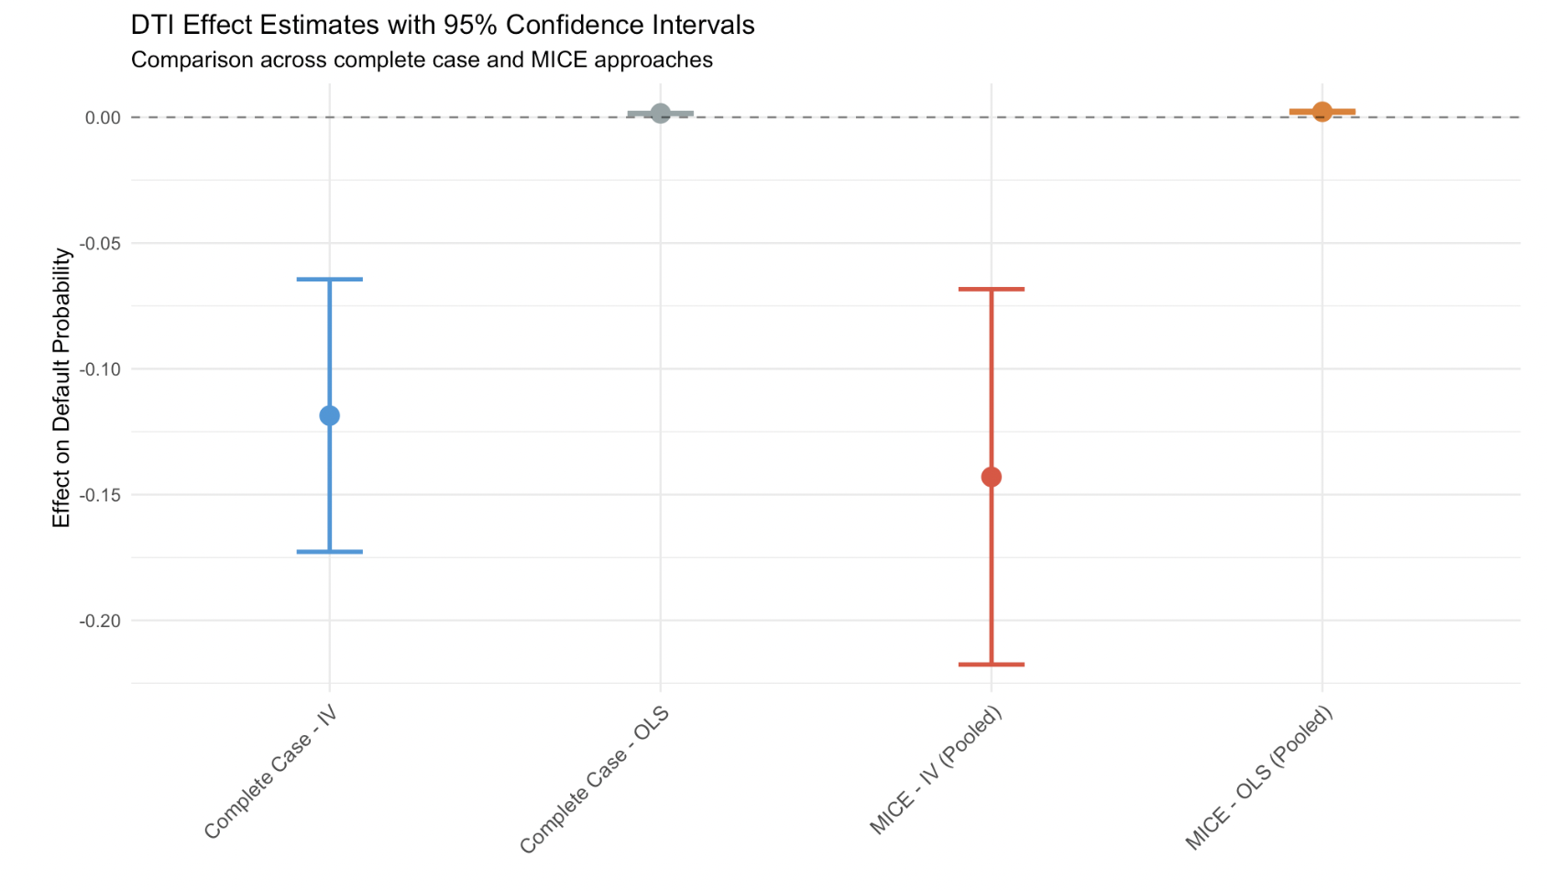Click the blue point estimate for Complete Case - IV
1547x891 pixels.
click(x=329, y=416)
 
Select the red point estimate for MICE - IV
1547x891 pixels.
click(x=991, y=477)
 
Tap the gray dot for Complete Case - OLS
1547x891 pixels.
click(x=660, y=114)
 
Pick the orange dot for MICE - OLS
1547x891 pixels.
click(x=1322, y=112)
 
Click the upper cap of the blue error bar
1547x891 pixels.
click(x=329, y=279)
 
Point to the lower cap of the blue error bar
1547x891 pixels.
click(x=329, y=552)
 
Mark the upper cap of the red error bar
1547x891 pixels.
click(x=991, y=289)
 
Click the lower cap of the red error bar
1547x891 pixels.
click(x=991, y=664)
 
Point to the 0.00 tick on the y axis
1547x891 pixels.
click(x=103, y=117)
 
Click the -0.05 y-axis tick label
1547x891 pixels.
click(x=100, y=244)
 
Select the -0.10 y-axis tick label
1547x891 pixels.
click(x=100, y=369)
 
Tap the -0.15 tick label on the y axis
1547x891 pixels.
click(x=100, y=495)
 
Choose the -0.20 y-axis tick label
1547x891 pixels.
click(x=100, y=621)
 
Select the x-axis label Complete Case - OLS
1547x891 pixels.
click(x=594, y=780)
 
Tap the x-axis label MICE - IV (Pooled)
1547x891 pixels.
click(x=936, y=771)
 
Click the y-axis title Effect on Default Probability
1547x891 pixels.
click(x=61, y=388)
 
